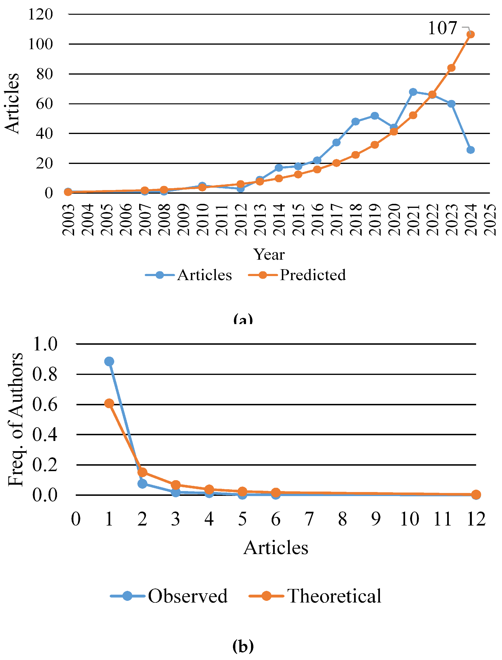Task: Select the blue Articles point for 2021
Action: coord(413,92)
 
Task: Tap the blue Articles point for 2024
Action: coord(470,150)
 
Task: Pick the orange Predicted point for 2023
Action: coord(451,68)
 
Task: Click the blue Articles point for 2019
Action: coord(375,116)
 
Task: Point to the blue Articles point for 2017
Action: coord(336,142)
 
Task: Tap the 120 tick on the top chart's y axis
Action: coord(41,14)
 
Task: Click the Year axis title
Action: coord(269,254)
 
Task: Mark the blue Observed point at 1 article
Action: coord(109,361)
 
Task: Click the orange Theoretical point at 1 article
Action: coord(109,403)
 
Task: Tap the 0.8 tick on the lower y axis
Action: coord(45,374)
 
